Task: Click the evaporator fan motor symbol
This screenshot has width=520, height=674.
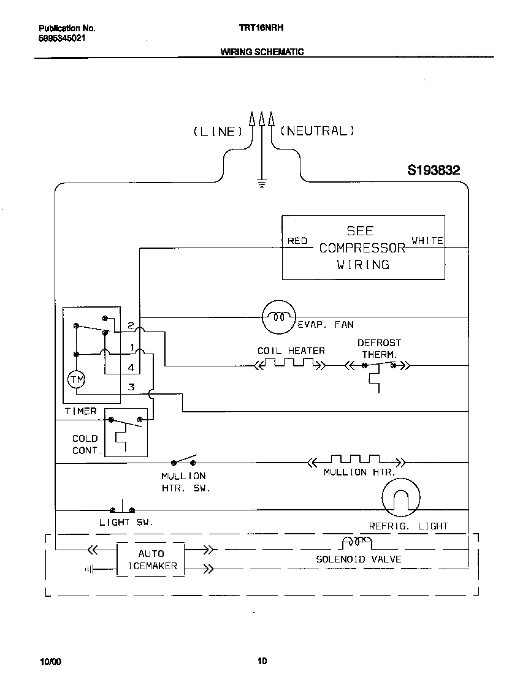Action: click(x=279, y=317)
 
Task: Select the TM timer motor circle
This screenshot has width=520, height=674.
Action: click(x=77, y=381)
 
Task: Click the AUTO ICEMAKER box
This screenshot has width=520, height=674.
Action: click(x=150, y=559)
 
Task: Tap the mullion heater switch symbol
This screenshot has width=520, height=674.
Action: click(x=184, y=461)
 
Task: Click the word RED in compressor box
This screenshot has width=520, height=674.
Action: click(x=297, y=241)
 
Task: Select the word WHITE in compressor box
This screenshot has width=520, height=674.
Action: click(x=427, y=241)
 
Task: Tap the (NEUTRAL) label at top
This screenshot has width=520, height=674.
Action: click(x=317, y=131)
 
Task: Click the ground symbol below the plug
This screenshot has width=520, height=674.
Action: click(x=262, y=183)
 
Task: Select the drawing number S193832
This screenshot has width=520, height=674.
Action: click(x=434, y=170)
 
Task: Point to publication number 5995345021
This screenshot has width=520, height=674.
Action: click(x=62, y=38)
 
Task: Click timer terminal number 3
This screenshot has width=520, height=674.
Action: click(x=131, y=387)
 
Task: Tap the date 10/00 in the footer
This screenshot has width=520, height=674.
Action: click(x=50, y=662)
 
